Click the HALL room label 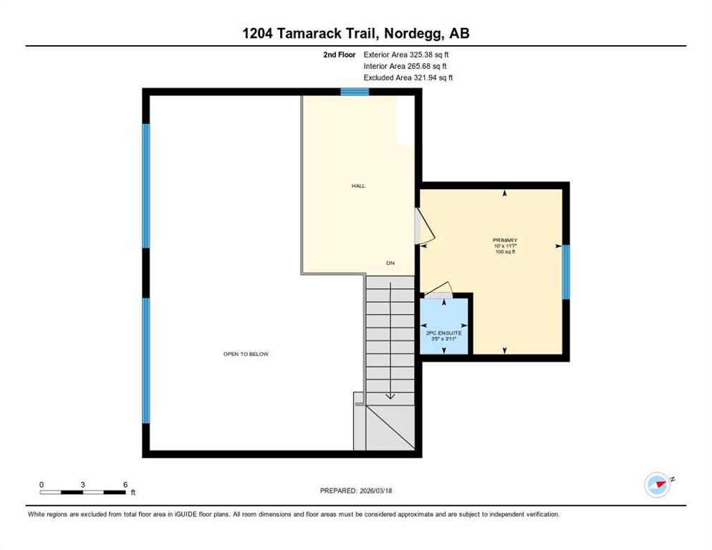point(358,185)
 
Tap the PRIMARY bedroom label point(505,240)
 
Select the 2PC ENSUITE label point(443,333)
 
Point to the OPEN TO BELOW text point(246,354)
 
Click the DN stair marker point(390,263)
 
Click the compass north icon point(658,485)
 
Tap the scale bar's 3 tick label point(82,485)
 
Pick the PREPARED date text point(356,491)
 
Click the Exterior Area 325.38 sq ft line point(406,54)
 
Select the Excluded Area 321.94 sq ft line point(408,77)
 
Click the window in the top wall point(355,92)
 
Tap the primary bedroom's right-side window point(567,272)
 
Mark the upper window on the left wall point(145,185)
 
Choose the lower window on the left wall point(145,361)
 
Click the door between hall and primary point(425,226)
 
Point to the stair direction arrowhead point(390,396)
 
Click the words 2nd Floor point(340,54)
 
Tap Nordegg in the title point(414,34)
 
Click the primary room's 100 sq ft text point(505,251)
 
